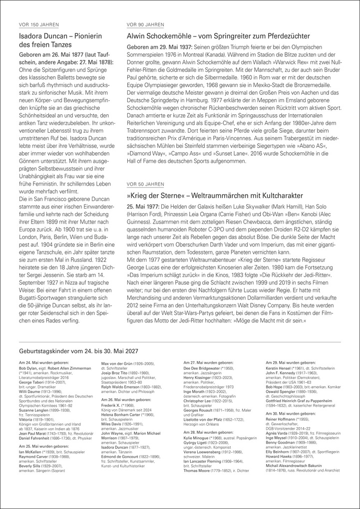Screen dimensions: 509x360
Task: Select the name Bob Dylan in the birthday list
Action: pos(27,367)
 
